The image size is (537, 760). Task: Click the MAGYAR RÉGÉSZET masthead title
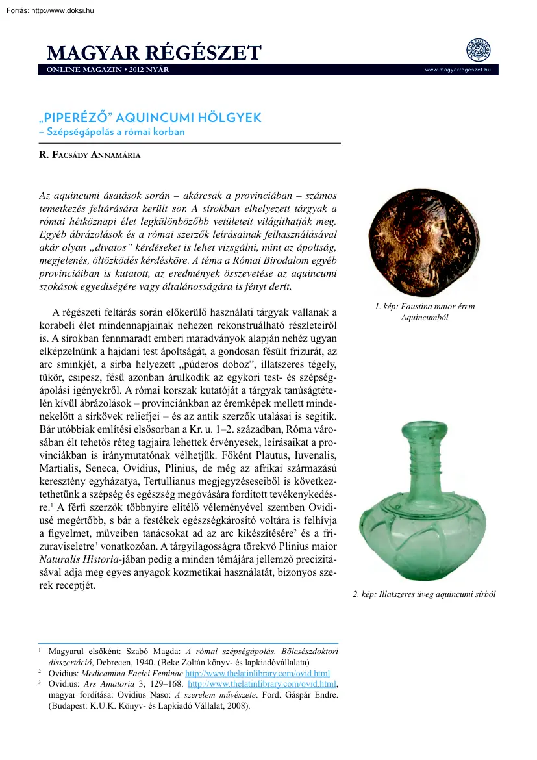154,53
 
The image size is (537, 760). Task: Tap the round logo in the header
479,50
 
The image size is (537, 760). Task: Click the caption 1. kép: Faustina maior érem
425,307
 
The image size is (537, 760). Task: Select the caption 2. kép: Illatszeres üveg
424,594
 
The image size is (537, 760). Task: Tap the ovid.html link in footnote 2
258,673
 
